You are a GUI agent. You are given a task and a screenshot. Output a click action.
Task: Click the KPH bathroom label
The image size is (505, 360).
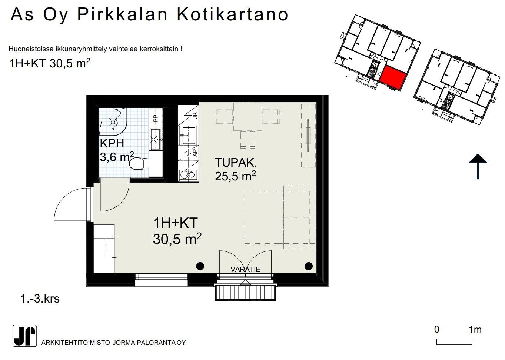pyautogui.click(x=112, y=143)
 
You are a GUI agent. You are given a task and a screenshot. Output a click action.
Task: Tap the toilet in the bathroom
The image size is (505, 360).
pyautogui.click(x=138, y=163)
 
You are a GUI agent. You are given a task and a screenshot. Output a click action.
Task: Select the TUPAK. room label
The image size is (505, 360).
pyautogui.click(x=236, y=163)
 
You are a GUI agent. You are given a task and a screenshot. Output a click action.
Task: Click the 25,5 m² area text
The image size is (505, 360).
pyautogui.click(x=235, y=176)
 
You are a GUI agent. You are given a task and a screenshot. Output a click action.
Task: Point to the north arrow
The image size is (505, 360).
pyautogui.click(x=478, y=167)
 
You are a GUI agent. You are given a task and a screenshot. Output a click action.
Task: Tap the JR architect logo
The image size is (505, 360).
pyautogui.click(x=24, y=336)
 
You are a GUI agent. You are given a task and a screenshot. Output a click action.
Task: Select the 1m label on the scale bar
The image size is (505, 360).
pyautogui.click(x=475, y=330)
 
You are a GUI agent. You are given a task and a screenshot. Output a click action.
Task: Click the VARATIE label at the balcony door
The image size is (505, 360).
pyautogui.click(x=245, y=269)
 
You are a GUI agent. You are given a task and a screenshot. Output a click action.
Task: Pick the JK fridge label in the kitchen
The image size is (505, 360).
pyautogui.click(x=195, y=116)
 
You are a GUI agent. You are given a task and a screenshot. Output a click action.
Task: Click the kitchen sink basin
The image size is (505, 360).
pyautogui.click(x=189, y=135)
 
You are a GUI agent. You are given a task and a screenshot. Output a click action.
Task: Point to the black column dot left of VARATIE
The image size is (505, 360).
pyautogui.click(x=200, y=266)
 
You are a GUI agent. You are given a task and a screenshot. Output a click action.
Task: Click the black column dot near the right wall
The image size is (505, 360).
pyautogui.click(x=309, y=266)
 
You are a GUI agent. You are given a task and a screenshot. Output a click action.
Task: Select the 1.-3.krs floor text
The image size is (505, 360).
pyautogui.click(x=40, y=299)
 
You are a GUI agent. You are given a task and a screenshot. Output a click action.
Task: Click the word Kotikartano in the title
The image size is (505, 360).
pyautogui.click(x=232, y=15)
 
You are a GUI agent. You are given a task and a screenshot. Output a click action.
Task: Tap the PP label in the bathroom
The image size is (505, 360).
pyautogui.click(x=156, y=119)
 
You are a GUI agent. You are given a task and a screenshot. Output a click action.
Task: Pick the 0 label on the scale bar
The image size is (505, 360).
pyautogui.click(x=437, y=330)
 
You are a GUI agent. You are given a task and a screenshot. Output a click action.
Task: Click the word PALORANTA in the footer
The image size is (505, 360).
pyautogui.click(x=156, y=343)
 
